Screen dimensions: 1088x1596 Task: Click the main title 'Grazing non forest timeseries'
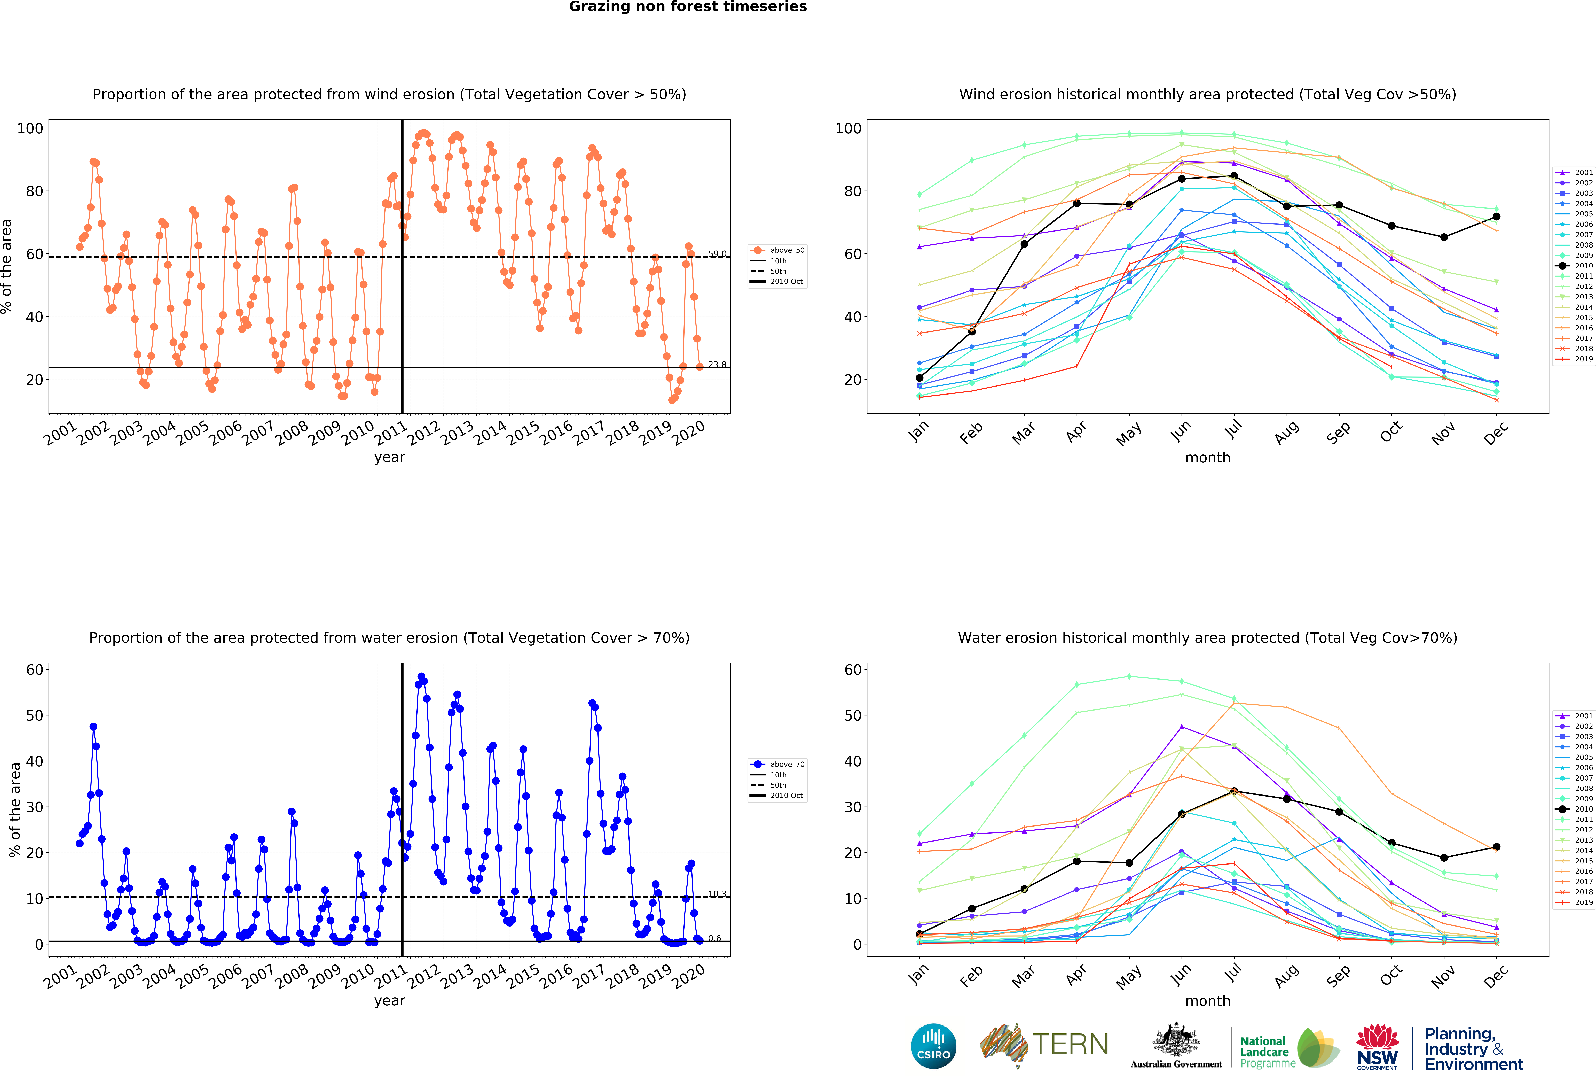point(687,7)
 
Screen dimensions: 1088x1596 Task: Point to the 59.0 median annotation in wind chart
point(717,253)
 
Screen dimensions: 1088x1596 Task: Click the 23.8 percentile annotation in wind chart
point(717,364)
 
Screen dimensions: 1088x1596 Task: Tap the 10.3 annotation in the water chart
point(717,894)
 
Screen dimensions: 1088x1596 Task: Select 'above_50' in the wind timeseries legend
point(786,250)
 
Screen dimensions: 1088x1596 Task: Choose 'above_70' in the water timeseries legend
point(786,764)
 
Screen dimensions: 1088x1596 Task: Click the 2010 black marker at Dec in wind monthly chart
point(1496,216)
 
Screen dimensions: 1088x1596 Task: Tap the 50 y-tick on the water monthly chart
point(852,715)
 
